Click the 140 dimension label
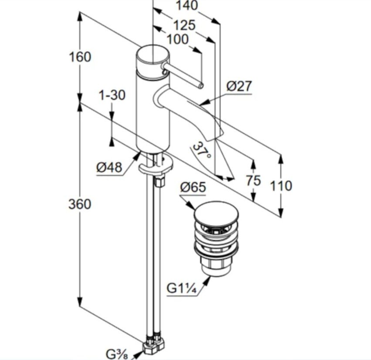pos(187,5)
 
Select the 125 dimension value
pos(184,25)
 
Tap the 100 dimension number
pos(178,39)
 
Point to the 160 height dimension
pos(80,57)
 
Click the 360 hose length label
pos(80,204)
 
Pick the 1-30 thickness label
pos(112,95)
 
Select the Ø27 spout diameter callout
pos(239,86)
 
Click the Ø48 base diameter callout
pos(109,168)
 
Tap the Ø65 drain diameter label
pos(193,188)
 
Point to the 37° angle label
pos(202,151)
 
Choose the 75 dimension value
pos(253,181)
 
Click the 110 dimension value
pos(281,186)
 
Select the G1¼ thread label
pos(182,289)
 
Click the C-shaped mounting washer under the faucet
pos(155,165)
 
